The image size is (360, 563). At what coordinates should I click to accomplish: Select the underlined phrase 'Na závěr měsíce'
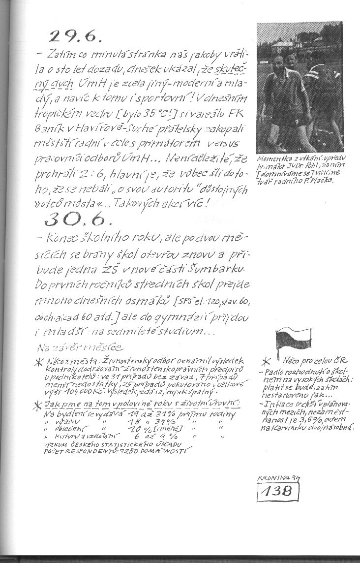(79, 347)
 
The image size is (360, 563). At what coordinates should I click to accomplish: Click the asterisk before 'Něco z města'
(39, 363)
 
